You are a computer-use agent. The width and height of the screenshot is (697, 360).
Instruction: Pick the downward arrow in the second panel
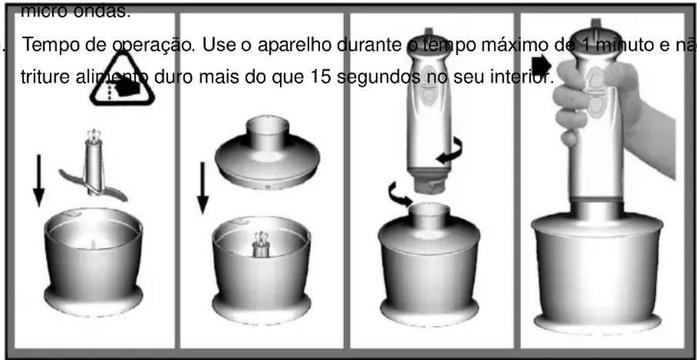click(202, 187)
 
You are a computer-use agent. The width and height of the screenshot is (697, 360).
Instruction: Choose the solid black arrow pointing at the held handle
click(541, 67)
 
